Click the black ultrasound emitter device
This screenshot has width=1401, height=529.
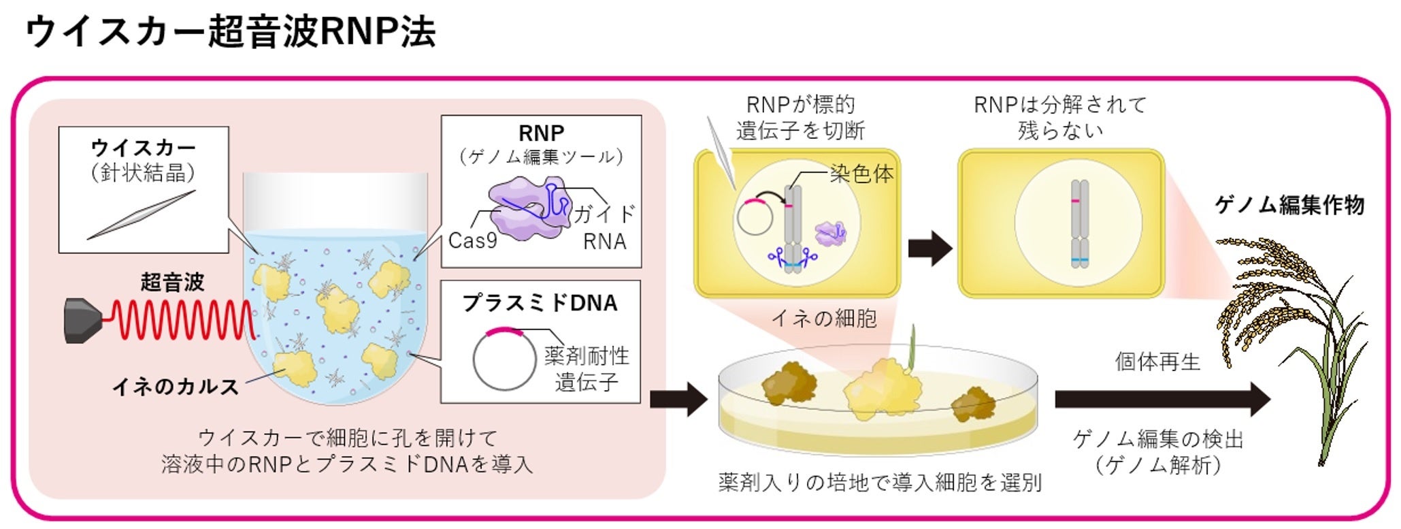pyautogui.click(x=83, y=319)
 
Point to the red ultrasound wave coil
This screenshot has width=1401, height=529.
pyautogui.click(x=180, y=319)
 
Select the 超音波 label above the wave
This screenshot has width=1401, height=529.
pyautogui.click(x=172, y=282)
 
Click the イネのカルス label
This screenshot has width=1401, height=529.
pyautogui.click(x=175, y=387)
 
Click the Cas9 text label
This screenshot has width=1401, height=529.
pyautogui.click(x=472, y=241)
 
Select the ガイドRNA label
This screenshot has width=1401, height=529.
pyautogui.click(x=604, y=227)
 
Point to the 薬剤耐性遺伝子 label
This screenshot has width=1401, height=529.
pyautogui.click(x=587, y=368)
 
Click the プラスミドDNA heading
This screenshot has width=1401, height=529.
pyautogui.click(x=540, y=303)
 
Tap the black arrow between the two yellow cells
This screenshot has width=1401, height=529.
pyautogui.click(x=929, y=248)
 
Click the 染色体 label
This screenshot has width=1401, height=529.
pyautogui.click(x=861, y=174)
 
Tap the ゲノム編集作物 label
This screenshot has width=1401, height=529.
pyautogui.click(x=1289, y=205)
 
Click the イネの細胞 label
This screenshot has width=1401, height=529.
pyautogui.click(x=824, y=318)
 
